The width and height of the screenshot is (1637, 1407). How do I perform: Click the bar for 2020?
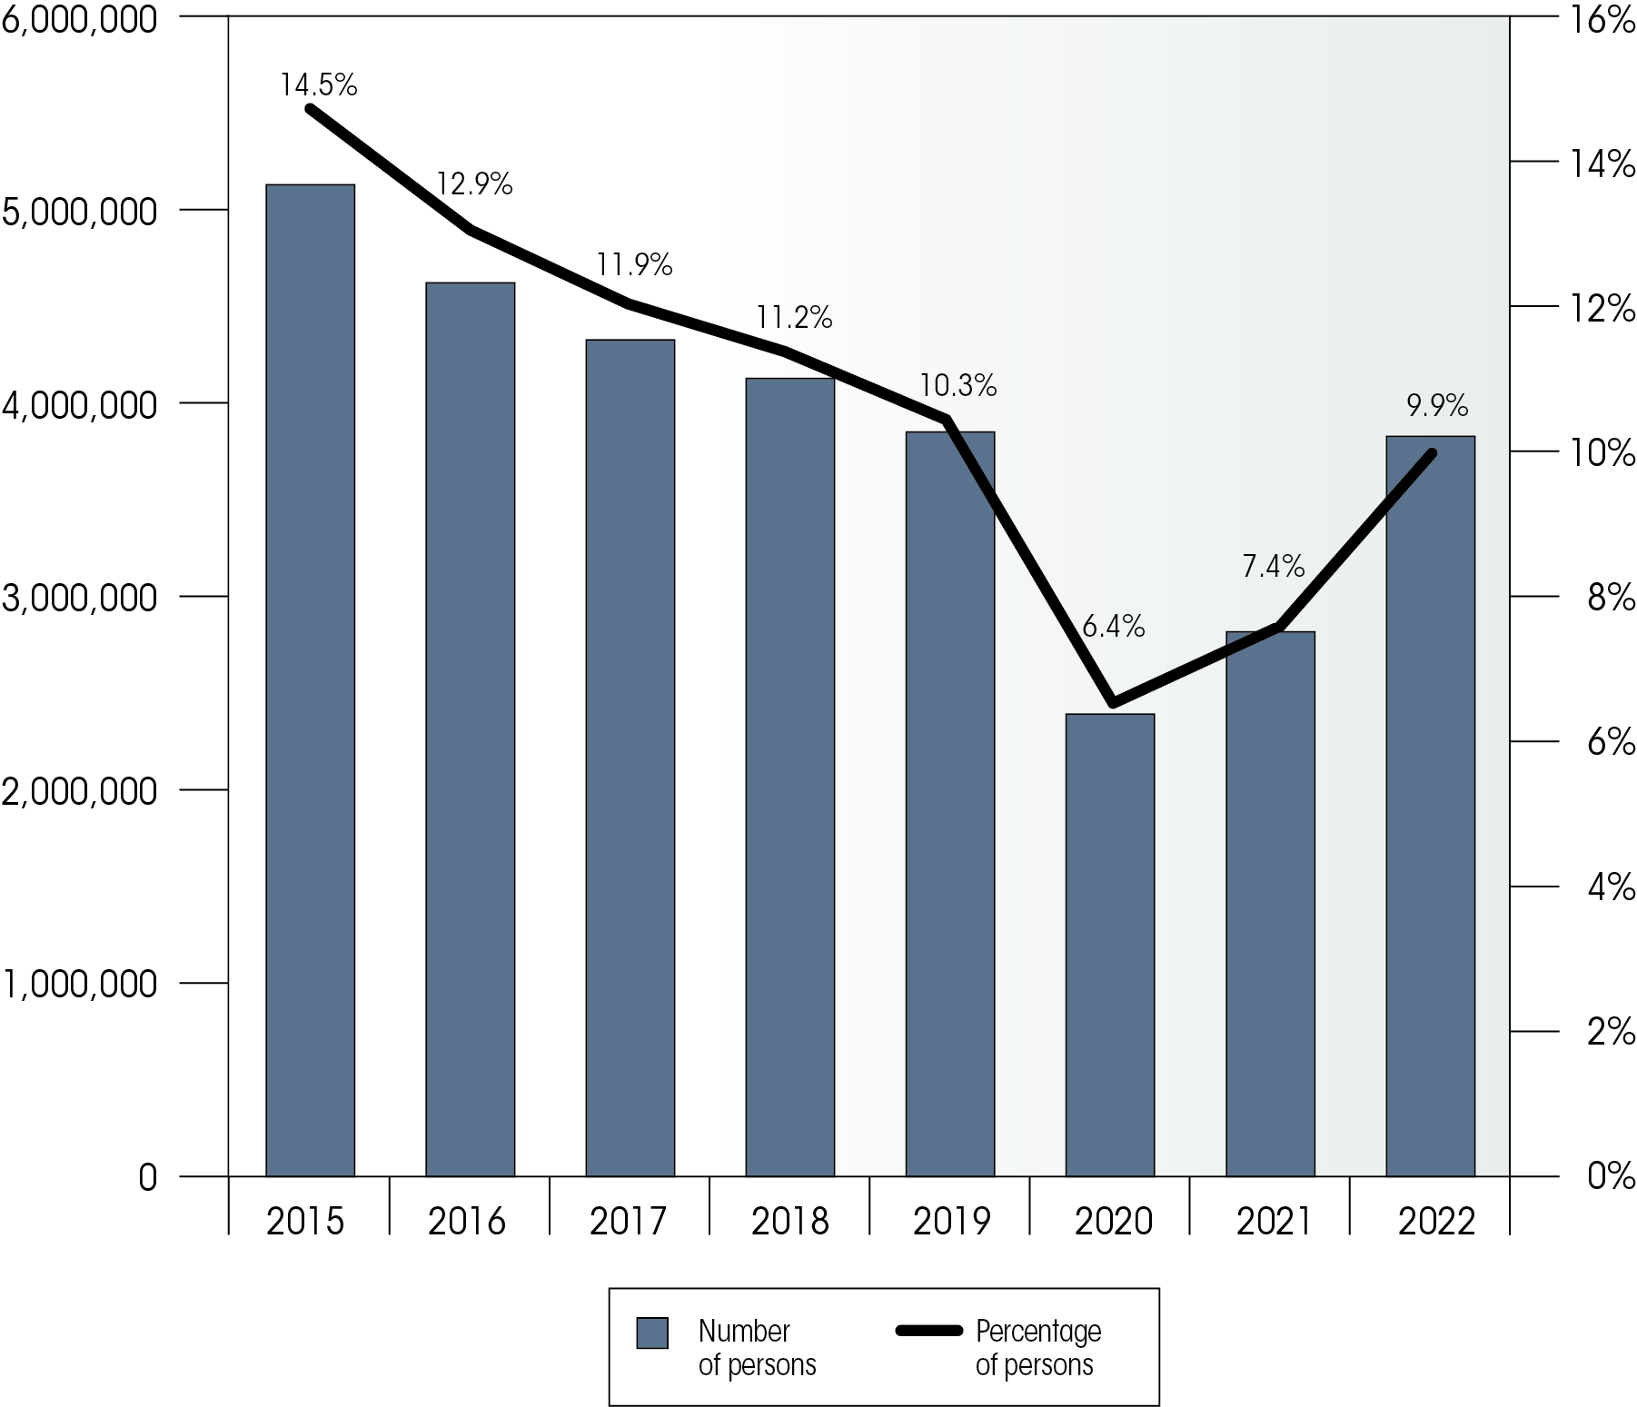(1109, 945)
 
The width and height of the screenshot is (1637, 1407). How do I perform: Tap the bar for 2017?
(630, 758)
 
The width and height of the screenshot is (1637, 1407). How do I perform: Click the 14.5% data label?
(318, 85)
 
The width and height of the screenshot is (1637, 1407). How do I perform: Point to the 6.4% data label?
(1113, 626)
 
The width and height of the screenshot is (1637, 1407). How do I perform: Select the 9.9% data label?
(1437, 405)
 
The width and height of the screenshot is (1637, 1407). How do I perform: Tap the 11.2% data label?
(794, 317)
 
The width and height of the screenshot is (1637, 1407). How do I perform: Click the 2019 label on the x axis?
(950, 1222)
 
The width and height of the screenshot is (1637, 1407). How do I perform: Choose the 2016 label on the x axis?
(466, 1222)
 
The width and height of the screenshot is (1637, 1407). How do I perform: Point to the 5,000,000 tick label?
(80, 212)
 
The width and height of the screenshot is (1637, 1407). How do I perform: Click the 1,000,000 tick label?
(80, 984)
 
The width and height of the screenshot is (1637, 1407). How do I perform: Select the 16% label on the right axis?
(1603, 20)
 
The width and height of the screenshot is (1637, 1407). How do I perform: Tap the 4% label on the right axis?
(1611, 887)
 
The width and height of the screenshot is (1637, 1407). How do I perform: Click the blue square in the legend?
(652, 1333)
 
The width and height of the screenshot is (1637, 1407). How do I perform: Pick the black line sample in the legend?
(928, 1331)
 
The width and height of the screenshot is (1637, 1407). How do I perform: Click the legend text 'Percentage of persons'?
(1037, 1348)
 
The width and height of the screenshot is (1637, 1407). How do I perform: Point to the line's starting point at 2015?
(310, 109)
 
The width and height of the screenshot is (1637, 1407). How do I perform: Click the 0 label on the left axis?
(147, 1178)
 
